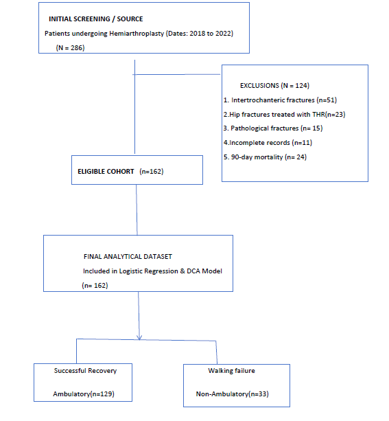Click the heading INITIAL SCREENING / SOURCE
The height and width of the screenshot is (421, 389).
tap(96, 19)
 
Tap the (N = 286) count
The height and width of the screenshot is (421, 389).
tap(70, 48)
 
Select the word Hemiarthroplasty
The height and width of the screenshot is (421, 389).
tap(137, 34)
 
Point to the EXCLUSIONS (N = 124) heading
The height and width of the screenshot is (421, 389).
tap(274, 86)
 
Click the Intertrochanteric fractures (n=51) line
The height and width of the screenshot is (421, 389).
tap(280, 100)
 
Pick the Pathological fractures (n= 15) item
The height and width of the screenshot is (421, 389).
tap(273, 128)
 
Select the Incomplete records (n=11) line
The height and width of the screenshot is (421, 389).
tap(268, 143)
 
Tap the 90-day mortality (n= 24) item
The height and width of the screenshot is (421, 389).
tap(265, 157)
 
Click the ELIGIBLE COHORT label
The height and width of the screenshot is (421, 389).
tap(106, 172)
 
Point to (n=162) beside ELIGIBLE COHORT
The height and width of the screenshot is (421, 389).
tap(152, 172)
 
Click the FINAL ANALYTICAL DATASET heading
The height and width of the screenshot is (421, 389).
tap(128, 257)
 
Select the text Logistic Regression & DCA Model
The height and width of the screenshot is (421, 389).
tap(171, 271)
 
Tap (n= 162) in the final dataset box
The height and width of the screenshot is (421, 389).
tap(95, 286)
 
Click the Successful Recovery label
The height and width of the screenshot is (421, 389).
tap(85, 371)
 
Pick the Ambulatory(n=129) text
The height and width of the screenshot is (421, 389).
tap(84, 394)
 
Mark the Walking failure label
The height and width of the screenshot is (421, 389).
tap(231, 371)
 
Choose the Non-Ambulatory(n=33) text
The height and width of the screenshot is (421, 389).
tap(233, 394)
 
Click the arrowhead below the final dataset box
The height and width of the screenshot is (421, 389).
tap(139, 337)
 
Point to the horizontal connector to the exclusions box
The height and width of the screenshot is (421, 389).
tap(176, 74)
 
